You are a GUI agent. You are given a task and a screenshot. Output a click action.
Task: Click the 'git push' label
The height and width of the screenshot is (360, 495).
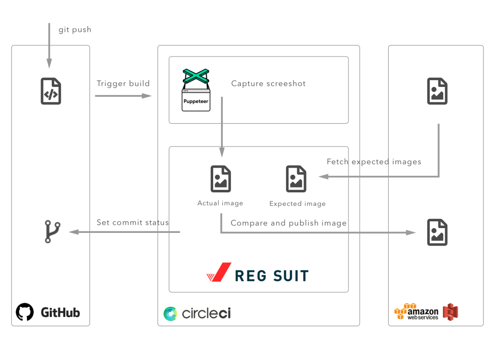click(75, 30)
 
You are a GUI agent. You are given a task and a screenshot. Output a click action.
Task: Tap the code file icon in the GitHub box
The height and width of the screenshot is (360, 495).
click(51, 91)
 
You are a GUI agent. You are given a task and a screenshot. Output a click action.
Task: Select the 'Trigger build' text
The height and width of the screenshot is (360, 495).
click(123, 83)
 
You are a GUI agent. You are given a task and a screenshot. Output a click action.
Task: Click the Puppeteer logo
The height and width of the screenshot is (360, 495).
click(196, 90)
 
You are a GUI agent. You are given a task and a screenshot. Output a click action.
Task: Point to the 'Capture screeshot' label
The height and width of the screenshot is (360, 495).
click(268, 83)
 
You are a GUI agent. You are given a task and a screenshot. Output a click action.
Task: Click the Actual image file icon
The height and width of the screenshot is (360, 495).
click(220, 179)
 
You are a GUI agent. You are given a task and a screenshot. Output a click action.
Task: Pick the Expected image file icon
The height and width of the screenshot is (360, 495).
click(296, 179)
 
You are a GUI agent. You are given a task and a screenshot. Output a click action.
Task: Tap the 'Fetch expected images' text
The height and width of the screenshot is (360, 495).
click(374, 162)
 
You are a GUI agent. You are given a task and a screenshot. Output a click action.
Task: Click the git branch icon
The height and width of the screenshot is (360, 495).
click(52, 231)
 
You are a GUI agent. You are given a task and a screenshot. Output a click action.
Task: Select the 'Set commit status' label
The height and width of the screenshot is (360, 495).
click(132, 222)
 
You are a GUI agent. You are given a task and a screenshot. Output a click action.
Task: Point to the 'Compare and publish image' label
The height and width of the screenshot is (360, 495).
click(289, 223)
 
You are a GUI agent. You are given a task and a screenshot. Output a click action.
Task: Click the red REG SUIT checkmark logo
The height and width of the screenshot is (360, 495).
click(219, 272)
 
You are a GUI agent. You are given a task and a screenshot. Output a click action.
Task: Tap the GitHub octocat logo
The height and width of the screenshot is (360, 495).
click(25, 312)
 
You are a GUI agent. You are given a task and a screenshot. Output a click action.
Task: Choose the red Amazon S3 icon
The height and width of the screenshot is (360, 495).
click(451, 312)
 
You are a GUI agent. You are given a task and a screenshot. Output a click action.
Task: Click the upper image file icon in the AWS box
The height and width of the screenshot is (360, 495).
click(437, 91)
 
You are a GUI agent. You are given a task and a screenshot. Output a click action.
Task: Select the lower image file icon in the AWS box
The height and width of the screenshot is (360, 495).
click(437, 232)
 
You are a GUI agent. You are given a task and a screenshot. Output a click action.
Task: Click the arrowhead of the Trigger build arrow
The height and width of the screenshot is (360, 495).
click(147, 96)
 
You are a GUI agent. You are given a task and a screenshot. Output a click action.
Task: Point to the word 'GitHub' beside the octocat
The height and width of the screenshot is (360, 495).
click(60, 312)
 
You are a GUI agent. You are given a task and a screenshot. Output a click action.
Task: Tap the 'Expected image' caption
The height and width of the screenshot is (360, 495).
click(297, 204)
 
